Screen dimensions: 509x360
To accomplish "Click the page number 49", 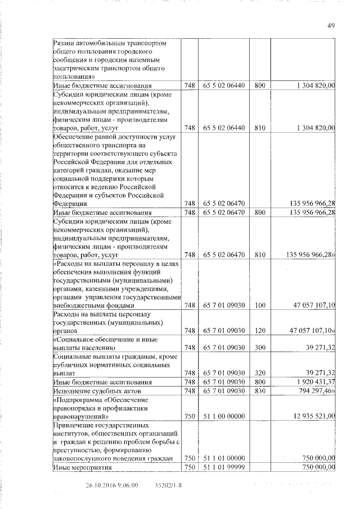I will (331, 25).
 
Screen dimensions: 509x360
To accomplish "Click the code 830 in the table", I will (259, 390).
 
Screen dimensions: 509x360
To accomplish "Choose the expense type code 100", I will (259, 305).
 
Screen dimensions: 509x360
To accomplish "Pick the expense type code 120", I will (259, 331).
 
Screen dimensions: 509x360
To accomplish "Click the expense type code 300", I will (259, 348).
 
